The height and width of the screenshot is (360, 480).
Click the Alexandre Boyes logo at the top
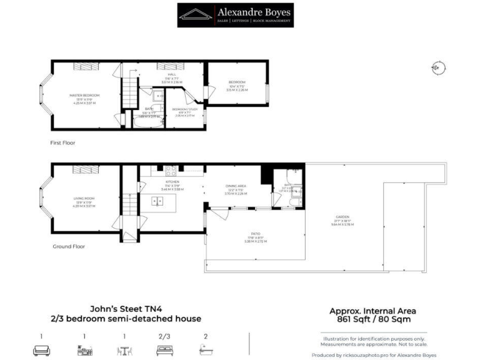(x=235, y=15)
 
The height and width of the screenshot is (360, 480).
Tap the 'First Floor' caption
(x=62, y=142)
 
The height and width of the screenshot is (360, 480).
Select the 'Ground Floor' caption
(x=68, y=246)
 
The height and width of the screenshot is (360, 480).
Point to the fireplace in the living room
(x=82, y=169)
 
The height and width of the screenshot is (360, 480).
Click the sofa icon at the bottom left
(x=41, y=350)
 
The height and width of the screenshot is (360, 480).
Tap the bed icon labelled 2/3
(x=164, y=350)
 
